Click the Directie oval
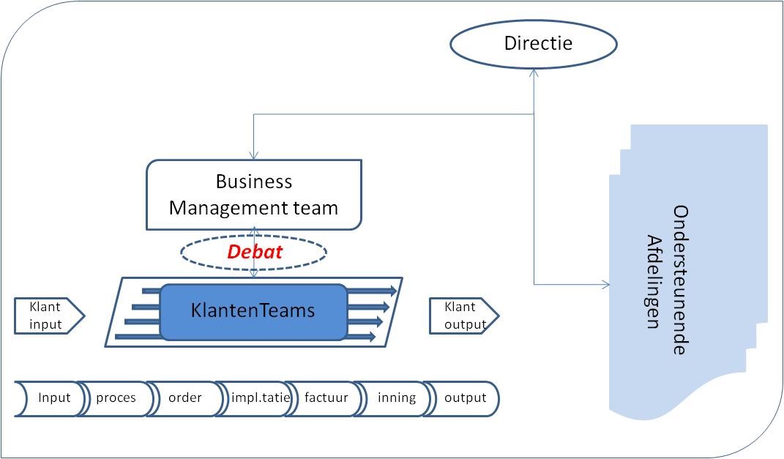[x=534, y=44]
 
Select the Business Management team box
[x=253, y=195]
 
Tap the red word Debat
[x=253, y=252]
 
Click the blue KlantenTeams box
[x=253, y=312]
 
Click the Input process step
[x=53, y=398]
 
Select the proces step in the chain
[x=116, y=398]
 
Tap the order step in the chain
[x=184, y=398]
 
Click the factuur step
[x=326, y=398]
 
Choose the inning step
[x=396, y=398]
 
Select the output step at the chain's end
[x=465, y=398]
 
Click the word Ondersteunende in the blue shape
[x=680, y=280]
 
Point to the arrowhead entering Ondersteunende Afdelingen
[x=605, y=284]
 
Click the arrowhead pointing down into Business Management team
[x=253, y=156]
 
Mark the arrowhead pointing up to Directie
[x=534, y=73]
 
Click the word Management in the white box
[x=218, y=208]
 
